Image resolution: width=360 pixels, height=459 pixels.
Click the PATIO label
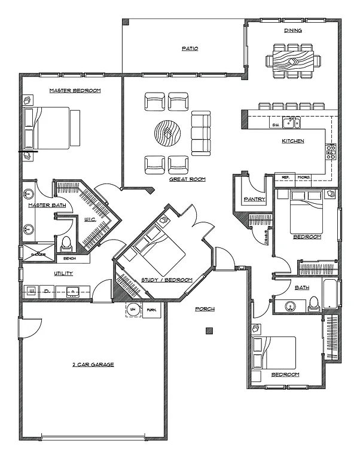190,48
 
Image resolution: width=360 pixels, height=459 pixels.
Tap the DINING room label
293,30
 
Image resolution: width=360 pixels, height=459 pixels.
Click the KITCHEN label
293,141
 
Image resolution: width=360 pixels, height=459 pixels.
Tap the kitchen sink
291,123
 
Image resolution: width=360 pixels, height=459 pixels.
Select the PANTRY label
254,199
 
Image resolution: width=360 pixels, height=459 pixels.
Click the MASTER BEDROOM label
74,91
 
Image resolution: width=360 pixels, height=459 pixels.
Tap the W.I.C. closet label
90,219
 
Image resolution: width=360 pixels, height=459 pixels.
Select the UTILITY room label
63,274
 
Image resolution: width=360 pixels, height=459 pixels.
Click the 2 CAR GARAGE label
93,364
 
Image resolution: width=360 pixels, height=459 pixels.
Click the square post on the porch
209,331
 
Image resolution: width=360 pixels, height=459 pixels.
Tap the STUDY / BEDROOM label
166,280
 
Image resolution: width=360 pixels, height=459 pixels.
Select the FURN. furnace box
152,310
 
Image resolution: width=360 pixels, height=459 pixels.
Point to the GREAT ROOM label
187,179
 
